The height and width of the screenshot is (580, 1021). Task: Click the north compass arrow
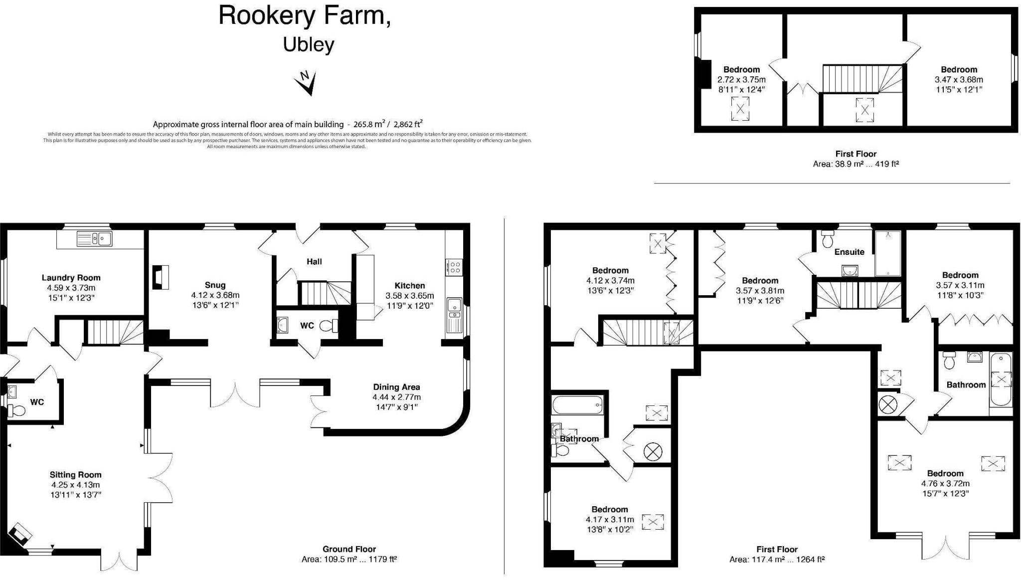pyautogui.click(x=307, y=83)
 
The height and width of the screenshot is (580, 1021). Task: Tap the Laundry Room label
pyautogui.click(x=71, y=278)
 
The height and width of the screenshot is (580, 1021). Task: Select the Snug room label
pyautogui.click(x=215, y=285)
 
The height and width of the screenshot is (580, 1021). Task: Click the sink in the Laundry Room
pyautogui.click(x=94, y=239)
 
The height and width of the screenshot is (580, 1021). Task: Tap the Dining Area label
pyautogui.click(x=396, y=387)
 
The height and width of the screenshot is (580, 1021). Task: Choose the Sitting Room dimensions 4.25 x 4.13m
pyautogui.click(x=75, y=485)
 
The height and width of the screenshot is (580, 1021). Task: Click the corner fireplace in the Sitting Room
pyautogui.click(x=21, y=534)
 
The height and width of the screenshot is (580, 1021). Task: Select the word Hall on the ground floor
pyautogui.click(x=314, y=261)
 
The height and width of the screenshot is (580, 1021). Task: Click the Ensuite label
pyautogui.click(x=849, y=252)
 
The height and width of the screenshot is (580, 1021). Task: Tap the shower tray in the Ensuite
pyautogui.click(x=887, y=253)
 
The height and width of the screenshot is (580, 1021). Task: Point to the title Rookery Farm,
pyautogui.click(x=305, y=15)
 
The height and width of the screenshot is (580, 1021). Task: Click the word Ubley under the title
pyautogui.click(x=309, y=44)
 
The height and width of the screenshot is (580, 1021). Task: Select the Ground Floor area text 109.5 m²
pyautogui.click(x=349, y=559)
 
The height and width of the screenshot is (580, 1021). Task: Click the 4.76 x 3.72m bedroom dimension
pyautogui.click(x=945, y=483)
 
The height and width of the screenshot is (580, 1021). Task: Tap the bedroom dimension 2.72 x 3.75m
pyautogui.click(x=741, y=80)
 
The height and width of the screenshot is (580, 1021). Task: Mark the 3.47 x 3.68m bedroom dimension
pyautogui.click(x=959, y=80)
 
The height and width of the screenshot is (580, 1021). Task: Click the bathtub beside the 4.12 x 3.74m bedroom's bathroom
pyautogui.click(x=578, y=404)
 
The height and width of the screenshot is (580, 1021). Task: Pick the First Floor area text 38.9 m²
pyautogui.click(x=855, y=164)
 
